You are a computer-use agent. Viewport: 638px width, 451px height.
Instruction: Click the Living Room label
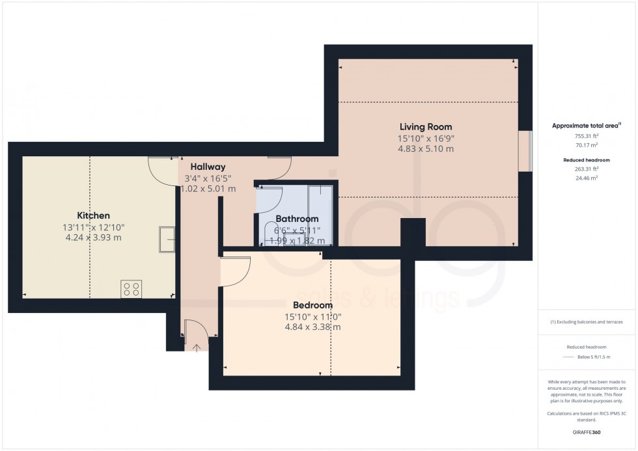[x=426, y=127]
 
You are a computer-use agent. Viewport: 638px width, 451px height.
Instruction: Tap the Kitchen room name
[x=94, y=215]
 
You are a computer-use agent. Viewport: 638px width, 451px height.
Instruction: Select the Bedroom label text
[x=312, y=305]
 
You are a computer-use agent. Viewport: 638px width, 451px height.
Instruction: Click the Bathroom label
[x=297, y=219]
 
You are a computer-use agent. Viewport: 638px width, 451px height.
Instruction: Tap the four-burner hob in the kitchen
[x=131, y=289]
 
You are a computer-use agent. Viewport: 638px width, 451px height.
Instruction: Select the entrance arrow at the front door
[x=197, y=348]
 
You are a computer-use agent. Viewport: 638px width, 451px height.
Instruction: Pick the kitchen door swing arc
[x=163, y=171]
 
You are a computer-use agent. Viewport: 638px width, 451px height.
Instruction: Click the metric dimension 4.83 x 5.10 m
[x=426, y=149]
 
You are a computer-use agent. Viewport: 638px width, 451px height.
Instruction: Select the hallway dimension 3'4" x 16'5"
[x=208, y=178]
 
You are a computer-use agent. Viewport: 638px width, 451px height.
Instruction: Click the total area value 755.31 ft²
[x=587, y=136]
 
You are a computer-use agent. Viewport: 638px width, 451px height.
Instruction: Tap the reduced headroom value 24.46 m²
[x=587, y=177]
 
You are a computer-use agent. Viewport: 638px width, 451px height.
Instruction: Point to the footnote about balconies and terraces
[x=587, y=322]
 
